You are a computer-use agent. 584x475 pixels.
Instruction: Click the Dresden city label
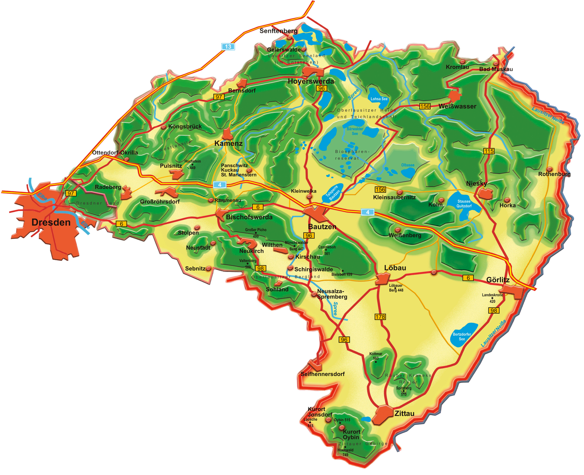click(51, 222)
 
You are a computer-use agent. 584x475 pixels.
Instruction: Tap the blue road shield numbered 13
click(228, 47)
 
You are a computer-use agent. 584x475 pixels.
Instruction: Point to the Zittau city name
click(404, 413)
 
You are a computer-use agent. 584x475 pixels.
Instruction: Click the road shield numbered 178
click(380, 317)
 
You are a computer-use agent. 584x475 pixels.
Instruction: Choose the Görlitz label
click(498, 280)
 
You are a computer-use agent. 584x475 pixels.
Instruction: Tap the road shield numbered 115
click(489, 151)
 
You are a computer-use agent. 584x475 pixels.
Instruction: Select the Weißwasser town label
click(457, 106)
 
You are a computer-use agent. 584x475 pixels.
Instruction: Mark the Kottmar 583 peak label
click(376, 356)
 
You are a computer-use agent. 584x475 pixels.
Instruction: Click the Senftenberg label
click(278, 31)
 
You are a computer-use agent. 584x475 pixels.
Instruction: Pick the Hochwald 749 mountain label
click(345, 452)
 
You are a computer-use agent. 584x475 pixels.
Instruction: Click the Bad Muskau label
click(496, 69)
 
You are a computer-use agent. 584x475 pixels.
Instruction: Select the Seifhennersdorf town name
click(322, 374)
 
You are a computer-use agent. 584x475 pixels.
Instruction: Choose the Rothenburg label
click(554, 174)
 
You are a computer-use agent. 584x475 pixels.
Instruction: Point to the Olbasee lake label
click(408, 166)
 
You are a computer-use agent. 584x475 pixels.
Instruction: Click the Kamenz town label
click(228, 143)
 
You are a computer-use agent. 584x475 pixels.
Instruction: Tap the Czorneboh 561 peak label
click(327, 250)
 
